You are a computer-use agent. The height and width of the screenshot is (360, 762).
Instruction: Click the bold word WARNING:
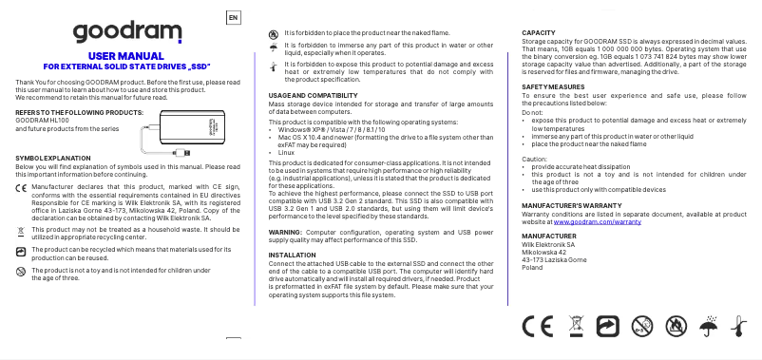coord(286,233)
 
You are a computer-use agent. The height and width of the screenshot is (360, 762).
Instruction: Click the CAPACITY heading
coord(539,34)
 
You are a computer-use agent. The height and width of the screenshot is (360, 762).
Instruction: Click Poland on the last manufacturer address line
coord(533,268)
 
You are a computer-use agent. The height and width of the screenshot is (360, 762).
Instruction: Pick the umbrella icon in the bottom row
coord(707,327)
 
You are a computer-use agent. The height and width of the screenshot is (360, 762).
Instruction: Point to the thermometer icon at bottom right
coord(736,327)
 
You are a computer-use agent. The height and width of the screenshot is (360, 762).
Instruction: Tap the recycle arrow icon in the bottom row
coord(607,327)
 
